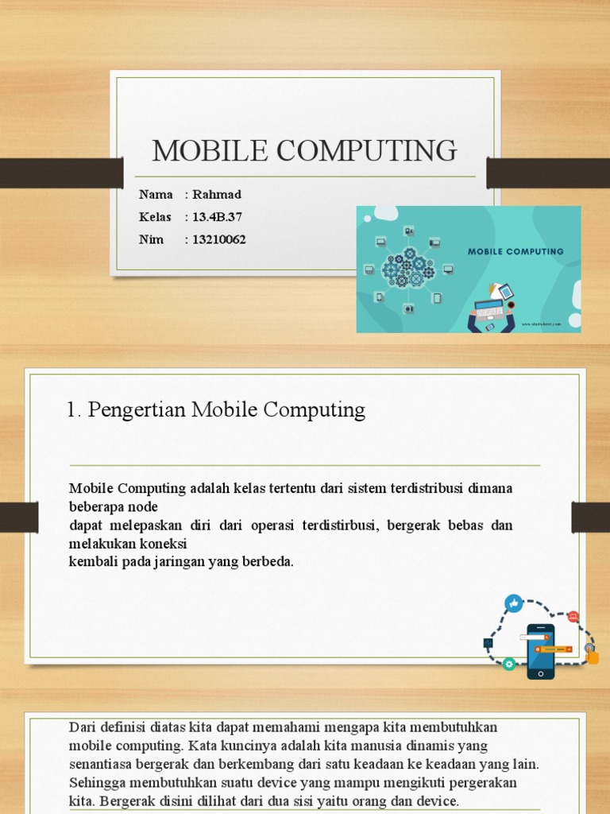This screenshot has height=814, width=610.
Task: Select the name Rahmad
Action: [217, 195]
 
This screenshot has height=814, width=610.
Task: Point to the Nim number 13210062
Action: [219, 239]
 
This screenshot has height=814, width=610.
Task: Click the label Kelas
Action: [155, 217]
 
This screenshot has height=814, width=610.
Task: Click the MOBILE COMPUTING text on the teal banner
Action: [515, 251]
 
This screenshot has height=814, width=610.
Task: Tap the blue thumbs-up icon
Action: [514, 603]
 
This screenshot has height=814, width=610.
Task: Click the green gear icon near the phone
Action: [509, 663]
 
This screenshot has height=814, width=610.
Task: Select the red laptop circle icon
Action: [573, 617]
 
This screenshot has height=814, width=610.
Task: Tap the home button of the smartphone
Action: [541, 673]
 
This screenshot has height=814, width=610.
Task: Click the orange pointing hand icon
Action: [592, 657]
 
